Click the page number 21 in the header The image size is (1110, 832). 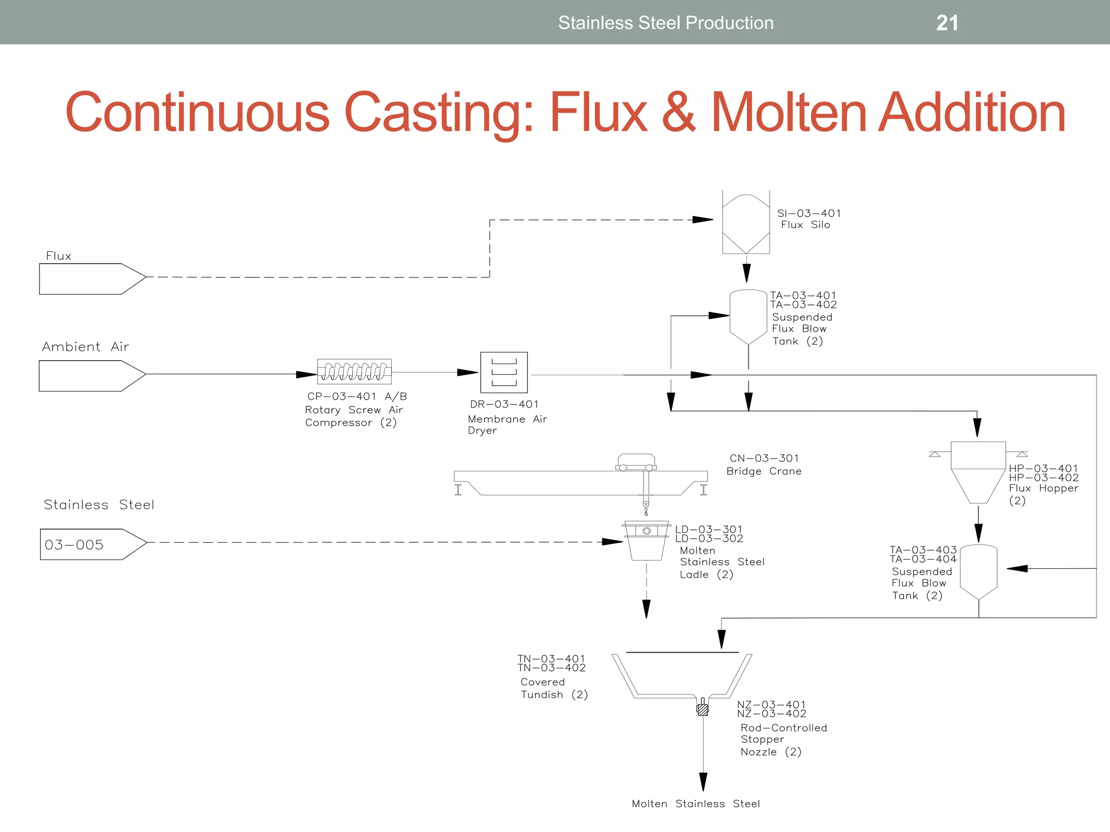(947, 23)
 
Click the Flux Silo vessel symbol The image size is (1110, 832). (746, 222)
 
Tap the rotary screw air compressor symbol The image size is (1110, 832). (354, 372)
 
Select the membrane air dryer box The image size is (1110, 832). (504, 373)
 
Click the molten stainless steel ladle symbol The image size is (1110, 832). (647, 541)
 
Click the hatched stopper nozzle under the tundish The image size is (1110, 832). (703, 708)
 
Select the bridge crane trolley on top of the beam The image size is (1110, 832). (636, 463)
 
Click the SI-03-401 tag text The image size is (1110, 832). (809, 213)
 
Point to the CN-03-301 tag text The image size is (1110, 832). (764, 458)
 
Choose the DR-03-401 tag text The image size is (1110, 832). (504, 404)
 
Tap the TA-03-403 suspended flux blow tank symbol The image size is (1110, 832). (978, 571)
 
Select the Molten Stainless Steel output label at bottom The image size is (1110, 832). (695, 804)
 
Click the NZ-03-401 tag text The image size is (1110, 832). (771, 705)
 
